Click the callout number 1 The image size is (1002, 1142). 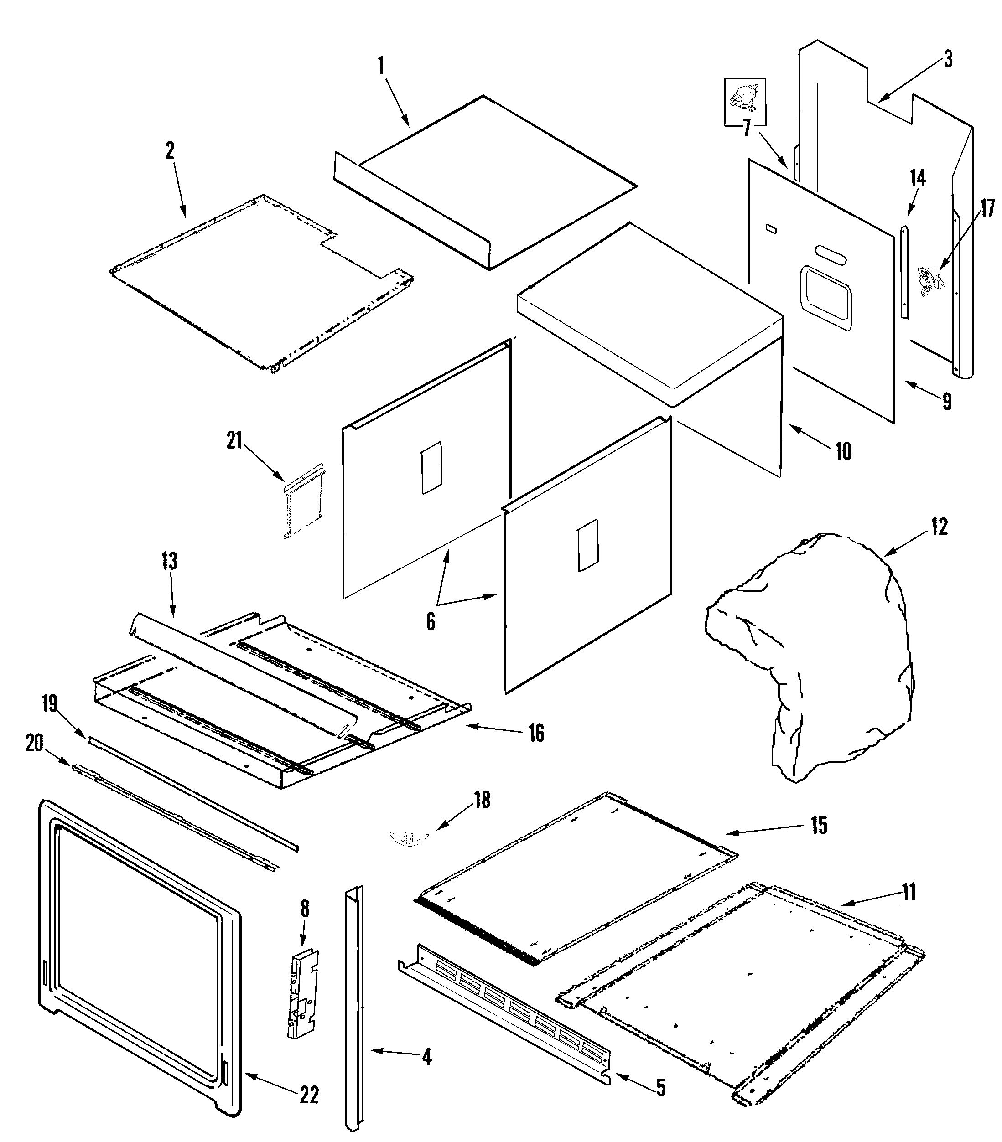click(381, 67)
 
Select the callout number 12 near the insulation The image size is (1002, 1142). click(939, 527)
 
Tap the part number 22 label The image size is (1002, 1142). click(309, 1095)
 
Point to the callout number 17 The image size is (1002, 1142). click(987, 208)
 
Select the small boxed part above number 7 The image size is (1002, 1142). click(745, 102)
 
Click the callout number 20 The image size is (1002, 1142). click(35, 744)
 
